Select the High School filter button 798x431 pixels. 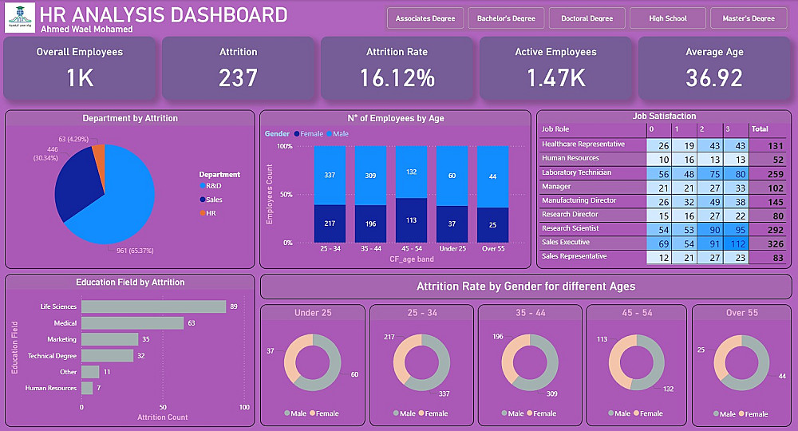[x=668, y=18]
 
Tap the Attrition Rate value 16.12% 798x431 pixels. [x=397, y=77]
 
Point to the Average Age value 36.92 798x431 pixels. [x=713, y=77]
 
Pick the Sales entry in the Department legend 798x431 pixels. [x=213, y=199]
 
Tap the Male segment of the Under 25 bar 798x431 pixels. [x=452, y=176]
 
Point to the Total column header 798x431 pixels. [x=760, y=129]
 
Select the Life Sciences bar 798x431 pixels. [x=153, y=306]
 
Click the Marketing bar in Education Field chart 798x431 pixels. [x=109, y=339]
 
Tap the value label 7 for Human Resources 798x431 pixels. [x=98, y=389]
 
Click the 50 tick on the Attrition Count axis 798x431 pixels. [x=163, y=407]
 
